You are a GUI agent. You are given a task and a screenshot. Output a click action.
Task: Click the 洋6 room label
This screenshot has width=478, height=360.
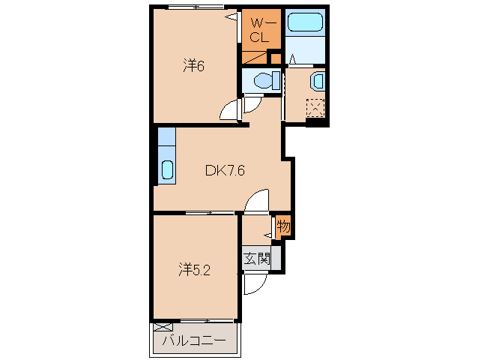pyautogui.click(x=193, y=65)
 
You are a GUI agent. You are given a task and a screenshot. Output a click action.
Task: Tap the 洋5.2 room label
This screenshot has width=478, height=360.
pyautogui.click(x=194, y=270)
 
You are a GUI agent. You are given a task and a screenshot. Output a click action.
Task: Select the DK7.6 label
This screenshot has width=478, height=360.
pyautogui.click(x=225, y=170)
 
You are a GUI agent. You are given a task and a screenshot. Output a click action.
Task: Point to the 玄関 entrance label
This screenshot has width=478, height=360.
pyautogui.click(x=257, y=259)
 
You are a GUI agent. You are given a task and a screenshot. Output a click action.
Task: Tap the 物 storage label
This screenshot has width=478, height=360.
pyautogui.click(x=283, y=226)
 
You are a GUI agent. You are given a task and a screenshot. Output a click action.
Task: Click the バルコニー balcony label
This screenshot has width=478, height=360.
pyautogui.click(x=194, y=340)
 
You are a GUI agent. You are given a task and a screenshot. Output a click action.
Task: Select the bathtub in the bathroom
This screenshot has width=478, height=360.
pyautogui.click(x=305, y=22)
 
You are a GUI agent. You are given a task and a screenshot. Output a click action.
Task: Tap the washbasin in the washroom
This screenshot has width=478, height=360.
pyautogui.click(x=318, y=81)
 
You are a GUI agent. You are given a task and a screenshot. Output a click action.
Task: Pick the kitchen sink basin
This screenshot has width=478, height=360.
pyautogui.click(x=167, y=169)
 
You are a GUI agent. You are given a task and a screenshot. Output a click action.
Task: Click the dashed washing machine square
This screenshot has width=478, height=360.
pyautogui.click(x=315, y=107)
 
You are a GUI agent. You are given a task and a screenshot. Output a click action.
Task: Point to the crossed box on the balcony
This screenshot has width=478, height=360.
pyautogui.click(x=163, y=327)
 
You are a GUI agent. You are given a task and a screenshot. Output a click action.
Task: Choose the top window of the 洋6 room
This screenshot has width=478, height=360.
pyautogui.click(x=196, y=7)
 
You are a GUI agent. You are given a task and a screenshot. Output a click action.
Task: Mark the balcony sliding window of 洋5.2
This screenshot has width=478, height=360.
pyautogui.click(x=207, y=321)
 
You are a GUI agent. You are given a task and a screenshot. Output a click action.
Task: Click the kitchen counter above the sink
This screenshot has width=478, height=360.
pyautogui.click(x=167, y=136)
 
